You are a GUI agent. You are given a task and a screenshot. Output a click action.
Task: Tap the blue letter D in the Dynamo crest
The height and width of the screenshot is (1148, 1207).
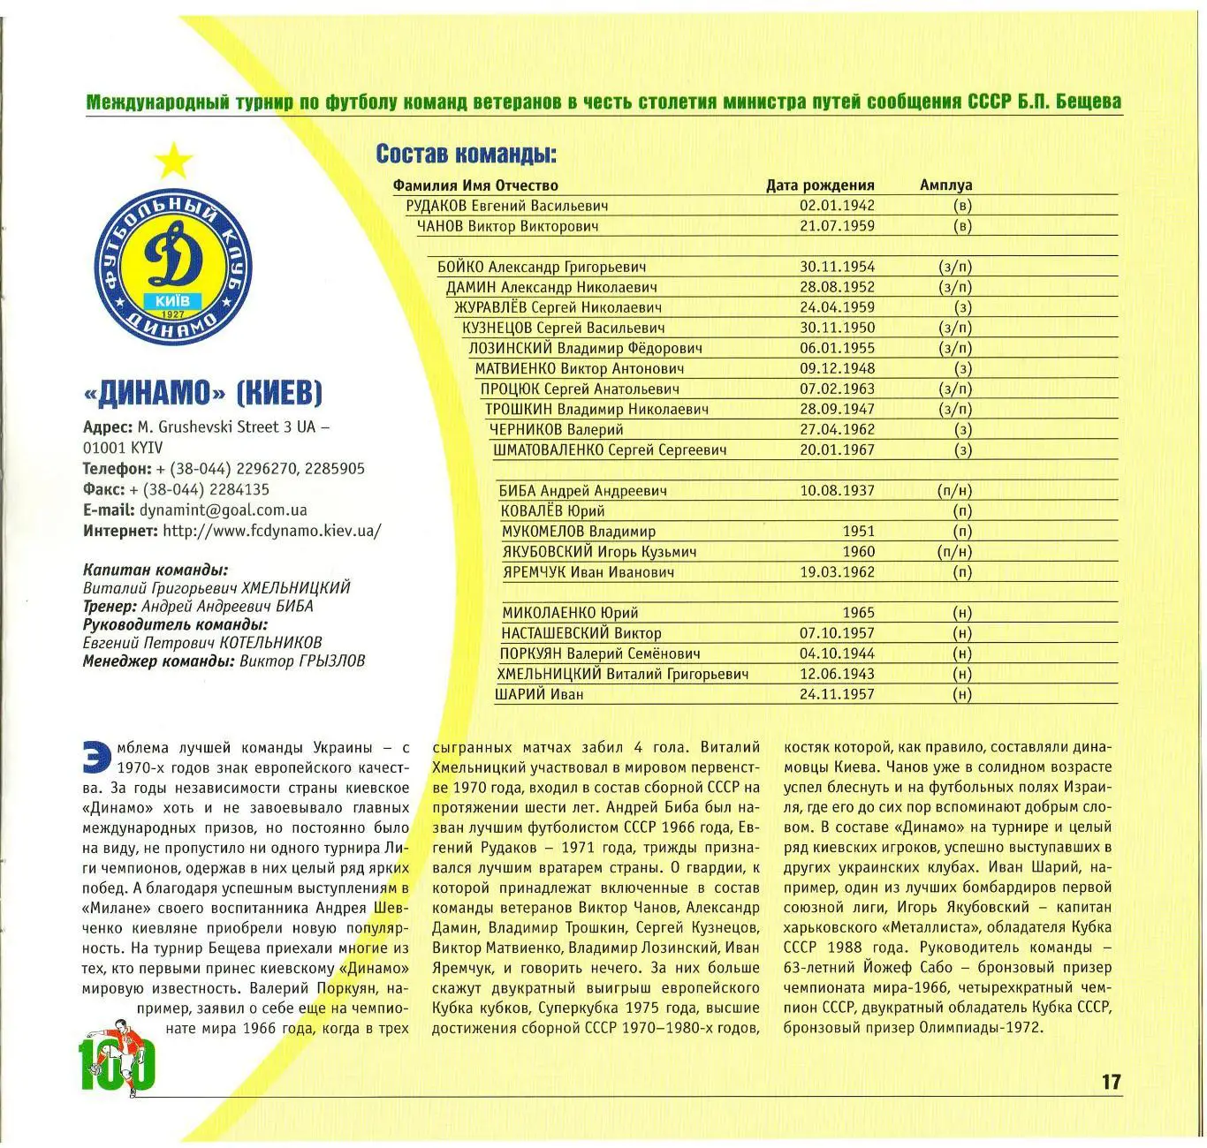coord(174,257)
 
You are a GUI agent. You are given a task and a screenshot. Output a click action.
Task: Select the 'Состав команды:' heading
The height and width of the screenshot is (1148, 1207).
coord(466,154)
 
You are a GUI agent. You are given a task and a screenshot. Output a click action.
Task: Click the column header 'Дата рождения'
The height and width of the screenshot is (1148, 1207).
coord(819,185)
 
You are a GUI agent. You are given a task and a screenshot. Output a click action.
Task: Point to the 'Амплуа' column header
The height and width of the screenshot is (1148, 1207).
coord(945,185)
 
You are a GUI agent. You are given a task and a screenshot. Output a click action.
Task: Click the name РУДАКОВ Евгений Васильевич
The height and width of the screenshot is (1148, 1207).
coord(506,206)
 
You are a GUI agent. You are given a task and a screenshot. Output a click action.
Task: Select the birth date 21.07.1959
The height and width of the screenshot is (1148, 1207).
coord(837,226)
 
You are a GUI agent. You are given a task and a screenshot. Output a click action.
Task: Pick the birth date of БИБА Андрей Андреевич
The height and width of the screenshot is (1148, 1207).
coord(837,491)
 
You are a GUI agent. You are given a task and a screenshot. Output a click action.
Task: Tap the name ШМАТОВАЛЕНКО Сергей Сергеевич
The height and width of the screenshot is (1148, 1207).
coord(610,450)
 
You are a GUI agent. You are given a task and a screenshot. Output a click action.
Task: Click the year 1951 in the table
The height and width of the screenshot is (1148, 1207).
coord(858,532)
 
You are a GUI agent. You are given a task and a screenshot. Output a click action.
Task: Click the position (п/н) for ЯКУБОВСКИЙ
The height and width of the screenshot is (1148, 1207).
coord(954,552)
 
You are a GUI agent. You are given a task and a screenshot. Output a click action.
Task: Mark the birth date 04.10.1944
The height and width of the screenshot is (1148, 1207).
coord(837,654)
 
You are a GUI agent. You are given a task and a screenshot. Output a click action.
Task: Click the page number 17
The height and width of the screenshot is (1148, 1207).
coord(1111,1082)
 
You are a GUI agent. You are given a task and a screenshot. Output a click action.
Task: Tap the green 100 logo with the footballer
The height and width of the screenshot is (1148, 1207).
coord(118,1059)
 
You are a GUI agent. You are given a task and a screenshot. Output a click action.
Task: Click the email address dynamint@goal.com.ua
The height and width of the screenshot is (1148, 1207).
coord(223,510)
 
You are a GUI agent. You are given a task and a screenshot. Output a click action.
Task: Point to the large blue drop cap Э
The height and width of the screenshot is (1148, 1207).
coord(95,756)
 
